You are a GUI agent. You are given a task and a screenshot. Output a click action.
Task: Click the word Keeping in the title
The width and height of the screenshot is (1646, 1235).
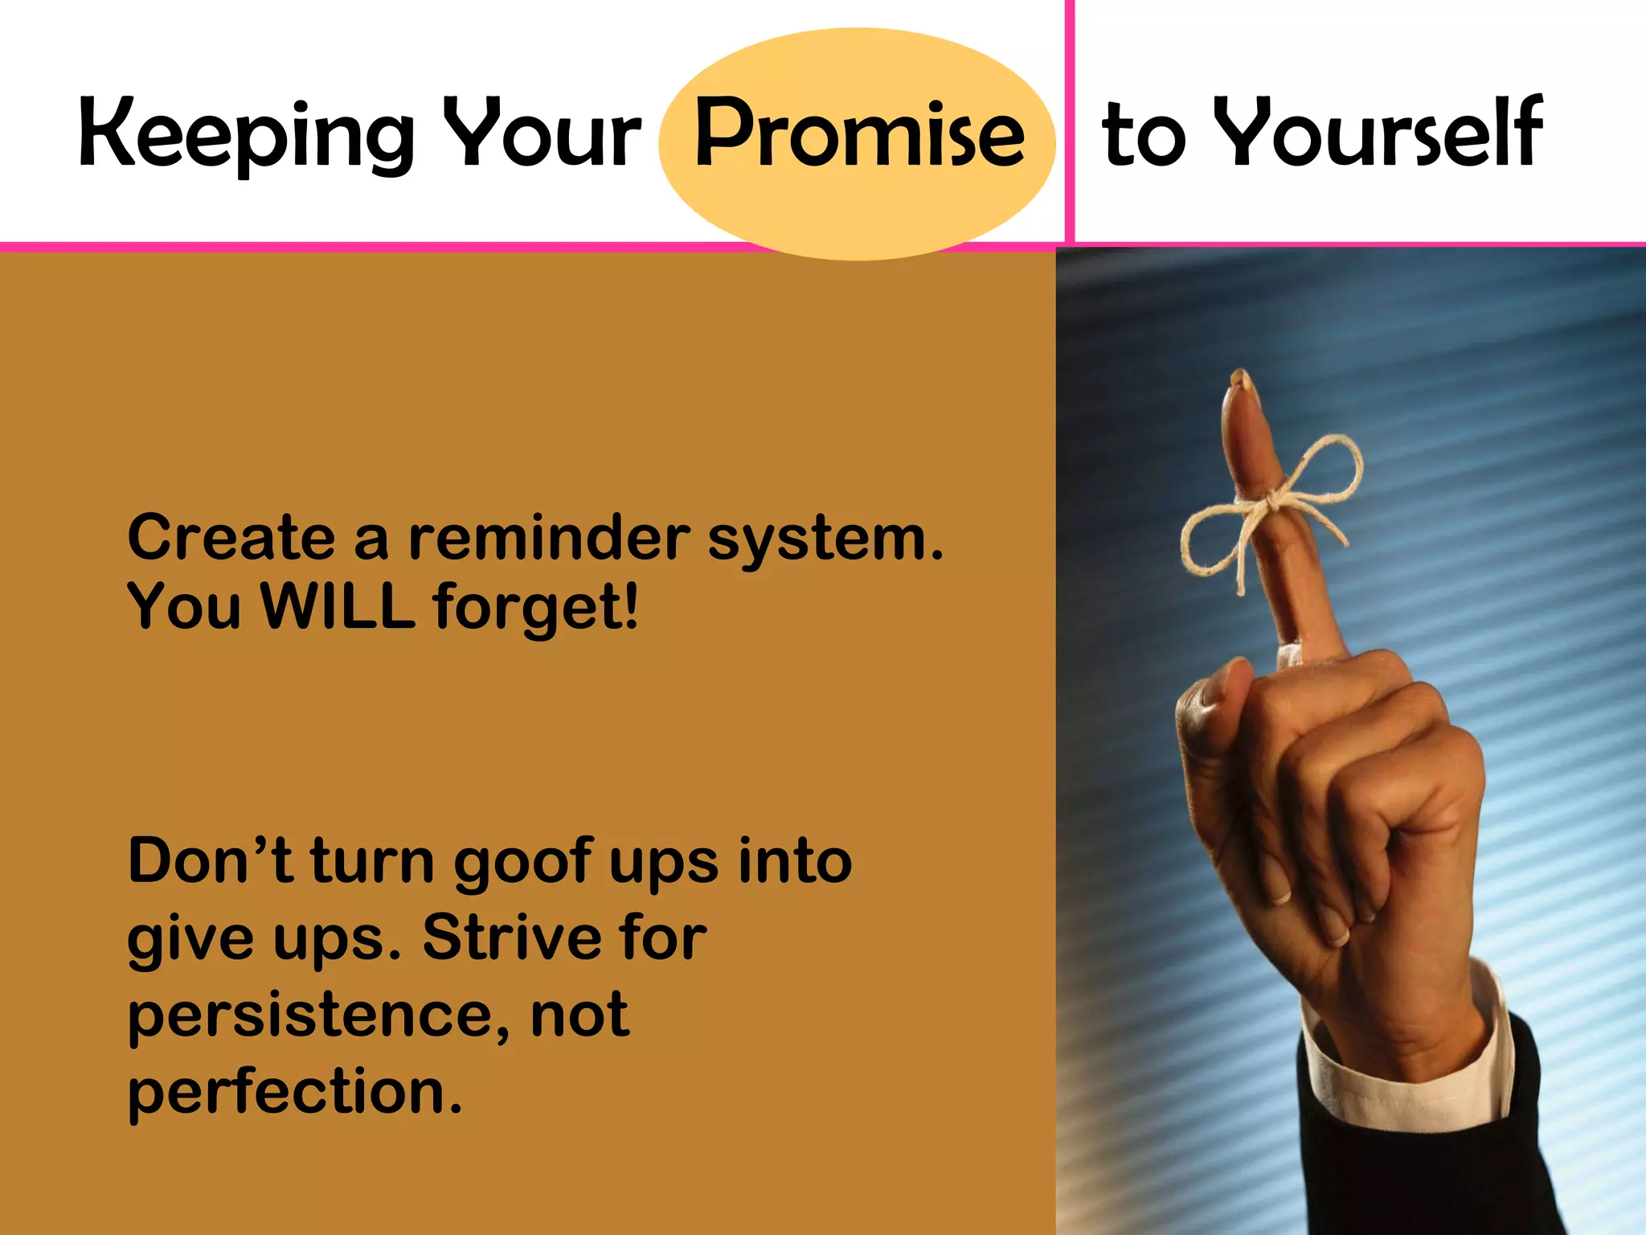[x=245, y=135]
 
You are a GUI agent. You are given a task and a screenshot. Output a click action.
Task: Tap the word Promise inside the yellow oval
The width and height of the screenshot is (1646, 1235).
[x=858, y=133]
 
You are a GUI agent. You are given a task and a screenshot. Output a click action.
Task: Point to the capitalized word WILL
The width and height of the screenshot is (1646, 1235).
[x=338, y=606]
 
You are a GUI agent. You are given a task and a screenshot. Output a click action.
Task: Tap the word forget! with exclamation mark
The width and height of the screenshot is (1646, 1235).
[x=536, y=608]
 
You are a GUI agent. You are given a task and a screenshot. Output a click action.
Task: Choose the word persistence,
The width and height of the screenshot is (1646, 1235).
[x=318, y=1015]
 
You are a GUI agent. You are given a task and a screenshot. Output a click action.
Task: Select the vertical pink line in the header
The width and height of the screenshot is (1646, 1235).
[x=1070, y=121]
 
